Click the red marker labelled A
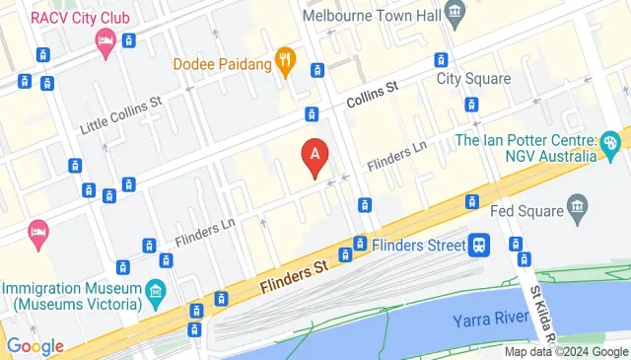coord(315,157)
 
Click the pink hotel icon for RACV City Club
coord(104,42)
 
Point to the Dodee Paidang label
coord(222,63)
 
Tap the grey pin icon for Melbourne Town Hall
coord(456,14)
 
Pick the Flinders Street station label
coord(416,243)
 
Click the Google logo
coord(35,346)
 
